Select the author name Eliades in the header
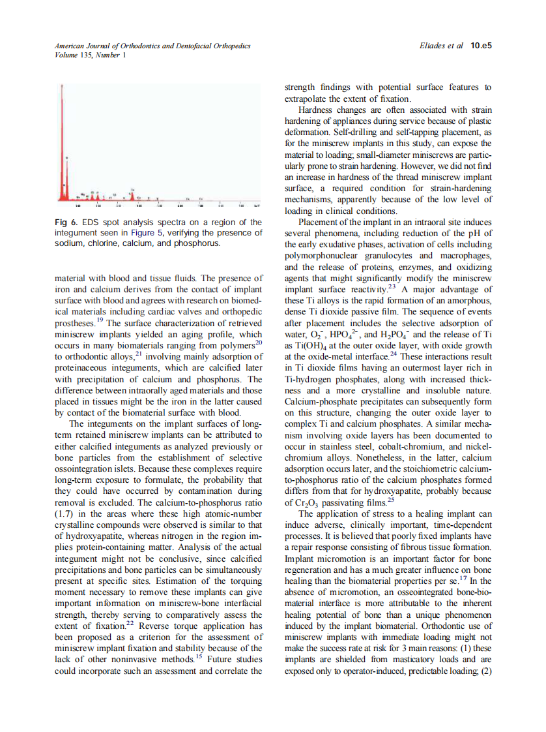coord(435,46)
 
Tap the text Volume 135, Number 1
coord(82,55)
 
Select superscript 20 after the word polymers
coord(259,342)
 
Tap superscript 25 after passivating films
coord(391,499)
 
